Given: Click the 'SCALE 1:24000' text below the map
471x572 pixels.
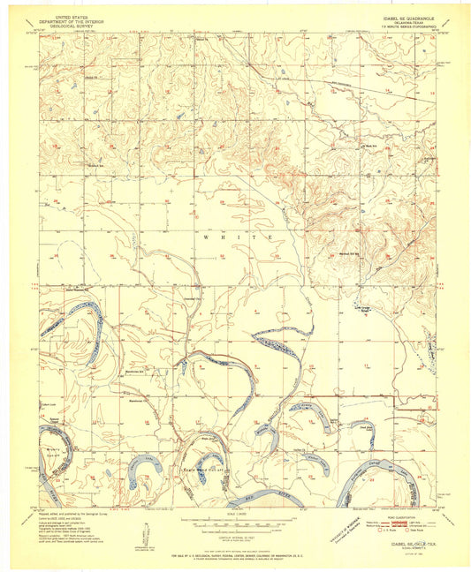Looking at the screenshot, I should pyautogui.click(x=235, y=516).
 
